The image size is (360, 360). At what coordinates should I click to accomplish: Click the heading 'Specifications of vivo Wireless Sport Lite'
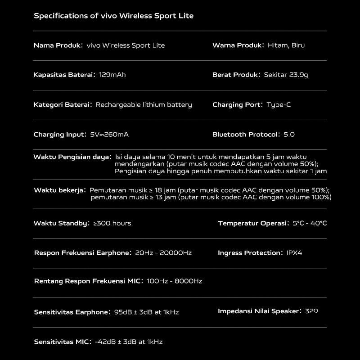[113, 16]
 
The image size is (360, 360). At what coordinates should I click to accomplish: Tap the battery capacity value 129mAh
[112, 75]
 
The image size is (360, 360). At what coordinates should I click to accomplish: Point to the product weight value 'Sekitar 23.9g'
[286, 75]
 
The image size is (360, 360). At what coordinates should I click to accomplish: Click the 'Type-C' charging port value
[279, 105]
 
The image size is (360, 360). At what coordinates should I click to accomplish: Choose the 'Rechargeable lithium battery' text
[144, 105]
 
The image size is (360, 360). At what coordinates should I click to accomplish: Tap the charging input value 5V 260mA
[109, 135]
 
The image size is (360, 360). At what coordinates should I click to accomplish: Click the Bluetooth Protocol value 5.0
[289, 135]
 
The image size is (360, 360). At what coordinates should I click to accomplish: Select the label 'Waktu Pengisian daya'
[72, 157]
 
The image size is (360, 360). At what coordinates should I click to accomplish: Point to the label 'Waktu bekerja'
[59, 190]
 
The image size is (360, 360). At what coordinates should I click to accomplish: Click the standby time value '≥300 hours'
[112, 223]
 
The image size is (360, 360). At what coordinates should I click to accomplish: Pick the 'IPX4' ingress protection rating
[294, 253]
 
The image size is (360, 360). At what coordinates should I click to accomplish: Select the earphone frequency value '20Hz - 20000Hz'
[163, 253]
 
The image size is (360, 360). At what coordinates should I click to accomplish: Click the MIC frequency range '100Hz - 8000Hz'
[175, 281]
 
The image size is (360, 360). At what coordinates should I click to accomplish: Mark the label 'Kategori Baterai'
[62, 105]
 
